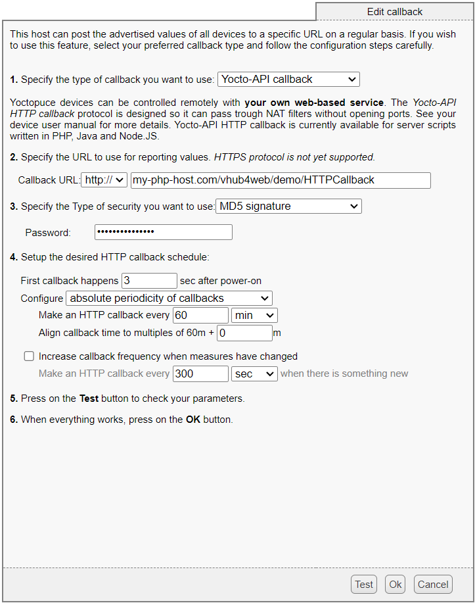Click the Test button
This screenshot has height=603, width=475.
click(x=364, y=584)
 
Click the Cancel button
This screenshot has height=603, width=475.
click(x=433, y=584)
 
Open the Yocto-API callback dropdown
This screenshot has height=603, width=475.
click(x=288, y=80)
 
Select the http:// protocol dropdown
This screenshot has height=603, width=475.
click(x=104, y=180)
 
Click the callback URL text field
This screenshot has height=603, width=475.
click(x=281, y=180)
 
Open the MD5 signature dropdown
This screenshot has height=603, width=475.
click(x=288, y=206)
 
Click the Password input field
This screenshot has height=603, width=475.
click(x=163, y=232)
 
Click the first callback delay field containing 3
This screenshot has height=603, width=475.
click(x=149, y=281)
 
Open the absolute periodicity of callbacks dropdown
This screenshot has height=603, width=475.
click(x=169, y=299)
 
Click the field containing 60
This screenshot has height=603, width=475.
click(x=200, y=316)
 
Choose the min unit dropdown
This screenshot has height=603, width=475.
click(x=254, y=316)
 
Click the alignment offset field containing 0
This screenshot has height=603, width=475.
click(x=244, y=333)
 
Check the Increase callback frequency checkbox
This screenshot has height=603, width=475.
click(x=29, y=356)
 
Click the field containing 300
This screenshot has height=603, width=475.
click(x=200, y=374)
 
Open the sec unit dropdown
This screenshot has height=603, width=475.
click(x=254, y=374)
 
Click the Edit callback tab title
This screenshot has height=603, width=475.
click(x=394, y=12)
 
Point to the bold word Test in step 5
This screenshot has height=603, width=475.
click(x=89, y=398)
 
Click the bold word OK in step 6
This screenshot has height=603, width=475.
click(x=193, y=419)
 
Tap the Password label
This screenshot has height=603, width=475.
click(x=48, y=232)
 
